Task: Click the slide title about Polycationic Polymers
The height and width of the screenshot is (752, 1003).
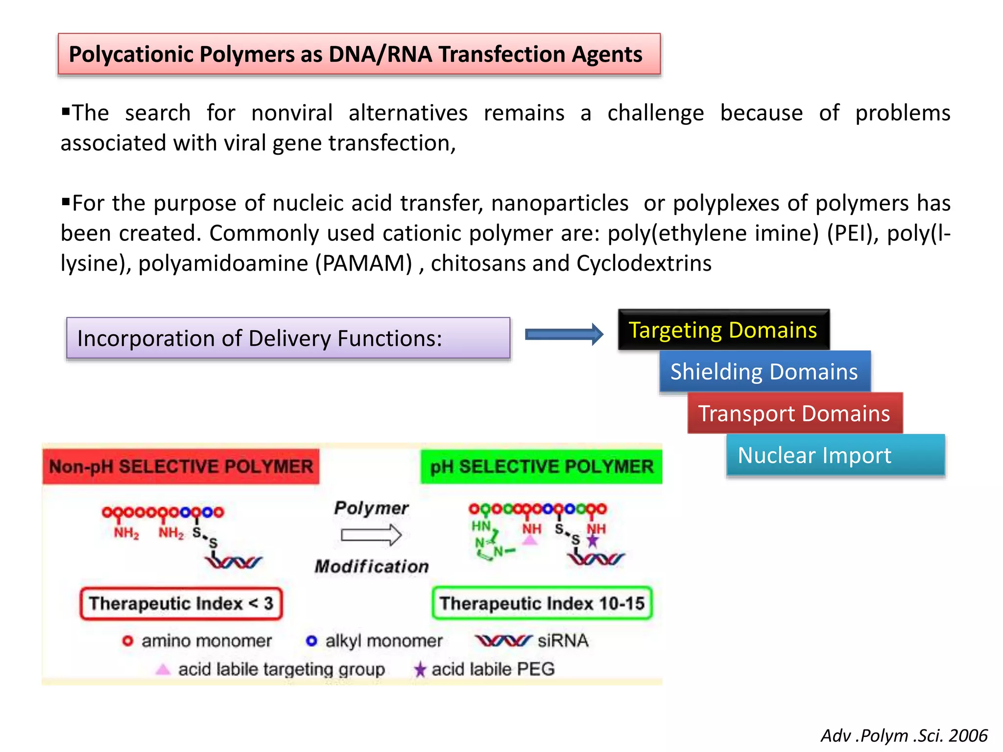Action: pos(359,54)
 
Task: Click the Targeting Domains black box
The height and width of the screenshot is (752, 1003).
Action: pos(723,330)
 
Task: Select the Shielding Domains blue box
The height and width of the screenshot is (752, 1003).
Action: pos(764,372)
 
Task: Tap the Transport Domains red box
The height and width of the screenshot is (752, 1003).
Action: pos(794,413)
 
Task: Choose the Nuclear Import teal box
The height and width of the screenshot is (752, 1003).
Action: pos(835,455)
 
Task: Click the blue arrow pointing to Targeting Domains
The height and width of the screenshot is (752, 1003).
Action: pos(564,334)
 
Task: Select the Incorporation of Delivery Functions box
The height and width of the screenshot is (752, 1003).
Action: pos(288,338)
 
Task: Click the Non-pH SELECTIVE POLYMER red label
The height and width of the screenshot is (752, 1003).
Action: pos(181,467)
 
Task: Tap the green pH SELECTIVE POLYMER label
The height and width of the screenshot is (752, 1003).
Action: pos(541,467)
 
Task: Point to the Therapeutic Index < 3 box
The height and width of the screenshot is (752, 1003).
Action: pos(181,604)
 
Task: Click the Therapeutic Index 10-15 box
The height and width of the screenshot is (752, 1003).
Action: pos(542,604)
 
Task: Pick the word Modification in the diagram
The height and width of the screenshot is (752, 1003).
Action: pos(372,566)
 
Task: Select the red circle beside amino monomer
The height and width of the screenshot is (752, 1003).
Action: pos(128,641)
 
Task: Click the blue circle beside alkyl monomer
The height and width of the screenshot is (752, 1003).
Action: pos(311,641)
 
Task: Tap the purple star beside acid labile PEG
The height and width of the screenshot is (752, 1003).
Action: pos(420,669)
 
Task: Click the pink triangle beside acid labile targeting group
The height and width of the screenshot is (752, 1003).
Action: pos(163,669)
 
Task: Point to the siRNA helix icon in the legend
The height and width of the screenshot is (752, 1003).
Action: pos(503,640)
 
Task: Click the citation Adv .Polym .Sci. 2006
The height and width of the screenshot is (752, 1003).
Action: pos(904,735)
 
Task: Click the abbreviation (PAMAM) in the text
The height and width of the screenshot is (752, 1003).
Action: pos(364,263)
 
